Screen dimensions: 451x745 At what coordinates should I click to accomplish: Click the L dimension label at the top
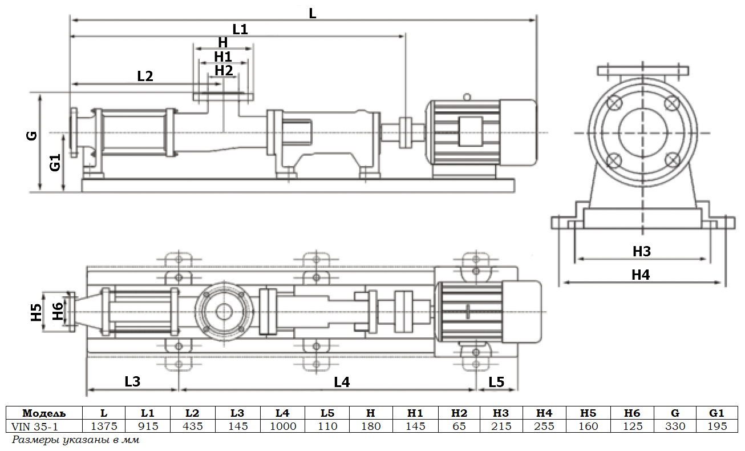pyautogui.click(x=312, y=13)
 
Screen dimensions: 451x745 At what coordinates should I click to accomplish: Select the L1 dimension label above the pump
pyautogui.click(x=240, y=29)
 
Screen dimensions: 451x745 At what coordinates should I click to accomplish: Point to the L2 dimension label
pyautogui.click(x=145, y=75)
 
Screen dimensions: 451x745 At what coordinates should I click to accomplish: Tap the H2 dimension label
pyautogui.click(x=224, y=70)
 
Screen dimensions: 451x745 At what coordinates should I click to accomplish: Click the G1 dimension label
pyautogui.click(x=55, y=163)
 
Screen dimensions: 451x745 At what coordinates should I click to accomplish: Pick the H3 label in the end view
pyautogui.click(x=641, y=251)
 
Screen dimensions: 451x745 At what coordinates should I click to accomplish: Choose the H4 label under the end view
pyautogui.click(x=641, y=275)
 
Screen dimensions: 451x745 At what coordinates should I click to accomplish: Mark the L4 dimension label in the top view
pyautogui.click(x=342, y=382)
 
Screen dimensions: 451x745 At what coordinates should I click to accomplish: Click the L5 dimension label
pyautogui.click(x=496, y=382)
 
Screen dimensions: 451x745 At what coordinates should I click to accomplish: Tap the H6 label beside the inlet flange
pyautogui.click(x=57, y=312)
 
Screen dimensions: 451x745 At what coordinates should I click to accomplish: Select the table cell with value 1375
pyautogui.click(x=104, y=426)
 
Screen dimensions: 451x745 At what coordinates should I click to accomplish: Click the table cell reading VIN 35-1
pyautogui.click(x=35, y=426)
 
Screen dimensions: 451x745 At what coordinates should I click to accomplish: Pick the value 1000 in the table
pyautogui.click(x=282, y=426)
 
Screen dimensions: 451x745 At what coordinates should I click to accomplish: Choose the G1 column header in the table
pyautogui.click(x=716, y=413)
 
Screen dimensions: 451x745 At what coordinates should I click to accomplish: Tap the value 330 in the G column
pyautogui.click(x=675, y=426)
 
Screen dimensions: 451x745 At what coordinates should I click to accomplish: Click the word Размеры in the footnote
pyautogui.click(x=33, y=440)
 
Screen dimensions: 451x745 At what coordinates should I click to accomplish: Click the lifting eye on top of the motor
pyautogui.click(x=467, y=97)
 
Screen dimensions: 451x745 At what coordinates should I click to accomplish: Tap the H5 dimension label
pyautogui.click(x=37, y=312)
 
